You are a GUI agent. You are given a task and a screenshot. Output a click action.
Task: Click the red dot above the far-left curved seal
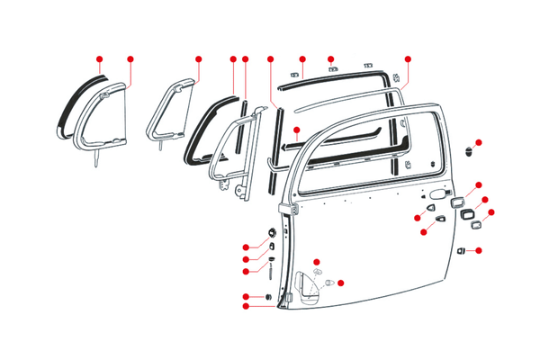[99, 58]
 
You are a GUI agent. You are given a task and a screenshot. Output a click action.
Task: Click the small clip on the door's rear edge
[462, 249]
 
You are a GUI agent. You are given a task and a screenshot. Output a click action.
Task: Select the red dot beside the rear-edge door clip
[479, 249]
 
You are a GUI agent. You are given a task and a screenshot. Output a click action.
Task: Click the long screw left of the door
[269, 269]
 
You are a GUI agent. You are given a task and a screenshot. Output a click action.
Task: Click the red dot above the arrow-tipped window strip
[271, 58]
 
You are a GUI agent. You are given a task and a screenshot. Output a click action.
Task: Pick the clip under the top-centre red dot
[332, 67]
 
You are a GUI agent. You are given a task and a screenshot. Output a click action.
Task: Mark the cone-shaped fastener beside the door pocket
[329, 284]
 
